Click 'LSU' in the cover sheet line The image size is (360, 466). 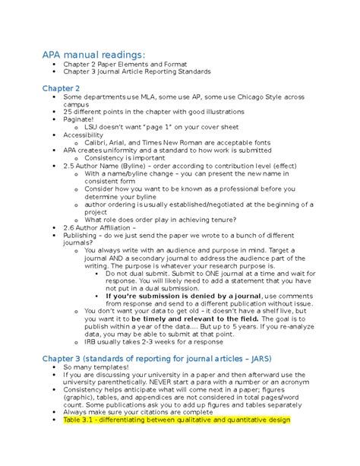click(93, 126)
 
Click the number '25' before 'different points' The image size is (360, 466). click(68, 110)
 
